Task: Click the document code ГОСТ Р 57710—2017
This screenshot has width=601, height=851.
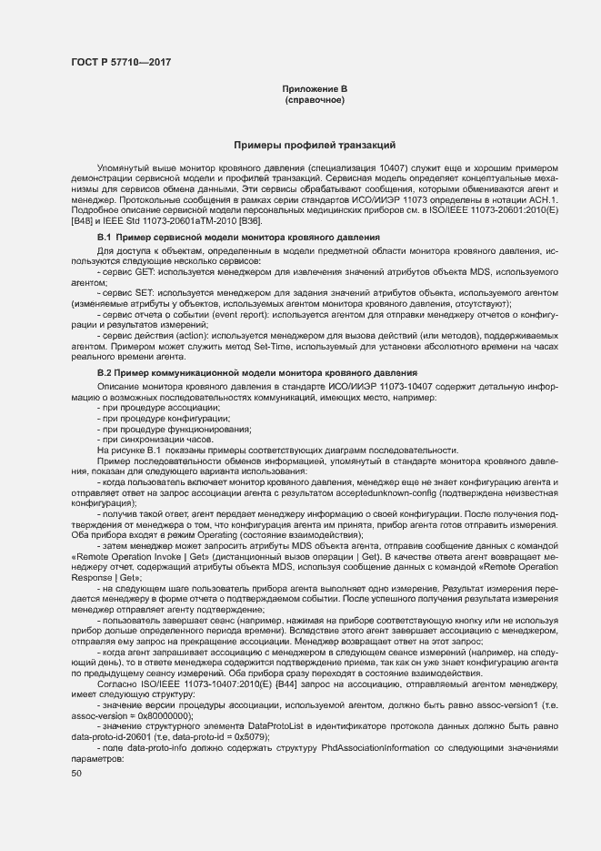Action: (x=120, y=62)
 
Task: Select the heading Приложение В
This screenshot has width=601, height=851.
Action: (x=315, y=88)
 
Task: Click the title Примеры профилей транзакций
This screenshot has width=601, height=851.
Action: (x=315, y=145)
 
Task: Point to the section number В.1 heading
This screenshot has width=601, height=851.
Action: (x=106, y=237)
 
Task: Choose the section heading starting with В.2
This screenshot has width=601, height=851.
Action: (x=256, y=373)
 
